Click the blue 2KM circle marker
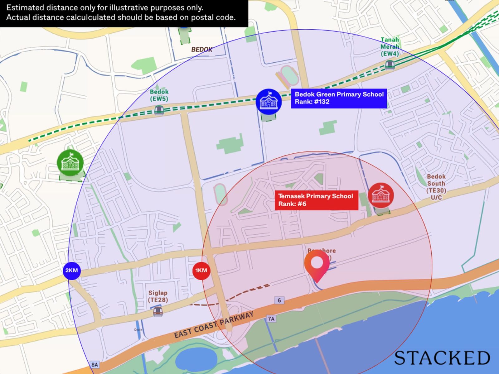point(72,271)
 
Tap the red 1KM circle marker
point(201,271)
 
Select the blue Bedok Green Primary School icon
point(269,102)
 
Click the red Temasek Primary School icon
point(380,195)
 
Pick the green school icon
point(70,162)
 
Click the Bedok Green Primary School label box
point(339,98)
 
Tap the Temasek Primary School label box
point(316,200)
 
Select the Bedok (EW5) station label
point(159,95)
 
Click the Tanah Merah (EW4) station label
point(390,47)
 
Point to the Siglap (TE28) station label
point(158,296)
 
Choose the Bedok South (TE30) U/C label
point(436,187)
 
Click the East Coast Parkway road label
point(214,325)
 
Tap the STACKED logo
point(442,358)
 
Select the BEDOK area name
point(202,50)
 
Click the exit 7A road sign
point(271,319)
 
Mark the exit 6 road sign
point(279,300)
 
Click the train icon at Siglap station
point(158,311)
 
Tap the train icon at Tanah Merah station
point(390,65)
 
